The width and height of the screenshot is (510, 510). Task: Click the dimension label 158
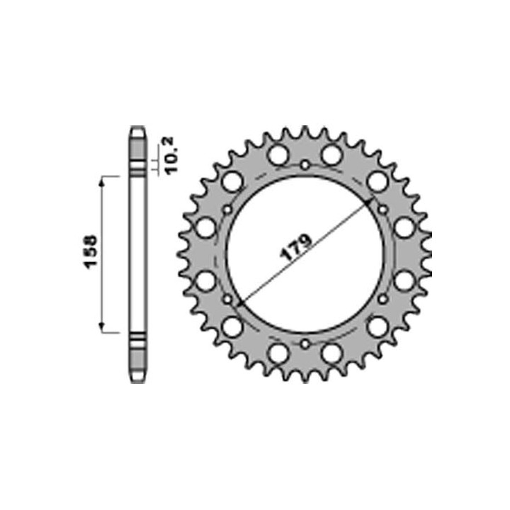[x=91, y=251]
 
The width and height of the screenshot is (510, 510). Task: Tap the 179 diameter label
[x=295, y=247]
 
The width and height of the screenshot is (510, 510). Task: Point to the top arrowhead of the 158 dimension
[x=102, y=182]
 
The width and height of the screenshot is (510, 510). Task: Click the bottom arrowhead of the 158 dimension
[x=102, y=325]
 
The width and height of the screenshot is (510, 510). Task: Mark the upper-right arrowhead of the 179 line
[x=368, y=203]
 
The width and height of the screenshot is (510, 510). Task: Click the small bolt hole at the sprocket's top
[x=305, y=165]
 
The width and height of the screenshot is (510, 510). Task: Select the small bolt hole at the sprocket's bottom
[x=305, y=344]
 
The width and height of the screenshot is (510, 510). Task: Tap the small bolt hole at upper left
[x=227, y=210]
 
